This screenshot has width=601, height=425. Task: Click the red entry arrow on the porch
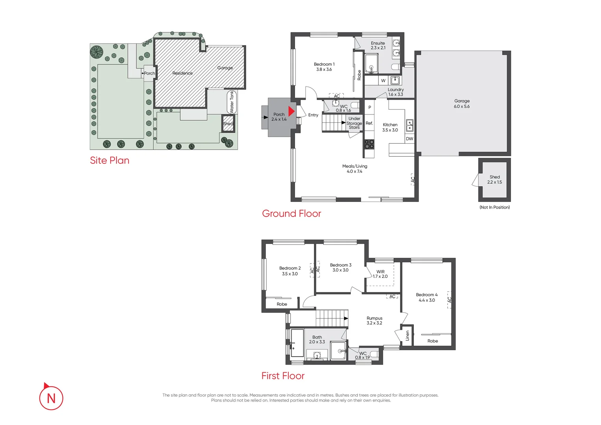coord(291,111)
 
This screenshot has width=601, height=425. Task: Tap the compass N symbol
coord(51,398)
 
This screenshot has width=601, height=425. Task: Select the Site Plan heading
coord(109,161)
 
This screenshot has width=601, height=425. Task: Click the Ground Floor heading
coord(291,214)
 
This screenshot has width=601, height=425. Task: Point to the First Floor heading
coord(283,376)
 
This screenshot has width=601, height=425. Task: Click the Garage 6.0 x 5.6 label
coord(462,103)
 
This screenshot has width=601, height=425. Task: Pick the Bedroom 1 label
coord(324,67)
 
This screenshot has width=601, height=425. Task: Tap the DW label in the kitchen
coord(409,139)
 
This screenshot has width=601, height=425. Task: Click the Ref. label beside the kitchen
coord(369,123)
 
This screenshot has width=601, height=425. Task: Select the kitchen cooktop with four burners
coord(369,144)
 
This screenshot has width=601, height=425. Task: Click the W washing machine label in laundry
coord(383,81)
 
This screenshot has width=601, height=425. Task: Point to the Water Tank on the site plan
coord(231,102)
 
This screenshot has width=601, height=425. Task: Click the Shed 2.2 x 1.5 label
coord(494,179)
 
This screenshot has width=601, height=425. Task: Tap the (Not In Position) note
coord(494,207)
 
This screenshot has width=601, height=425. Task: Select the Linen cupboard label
coord(407,336)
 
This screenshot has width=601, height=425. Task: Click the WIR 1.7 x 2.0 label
coord(380,274)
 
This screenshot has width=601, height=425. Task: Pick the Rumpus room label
coord(374,320)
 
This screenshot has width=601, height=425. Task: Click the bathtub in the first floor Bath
coord(297,343)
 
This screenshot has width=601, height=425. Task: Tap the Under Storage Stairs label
coord(354,123)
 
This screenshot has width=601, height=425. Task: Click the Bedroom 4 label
coord(427,297)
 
